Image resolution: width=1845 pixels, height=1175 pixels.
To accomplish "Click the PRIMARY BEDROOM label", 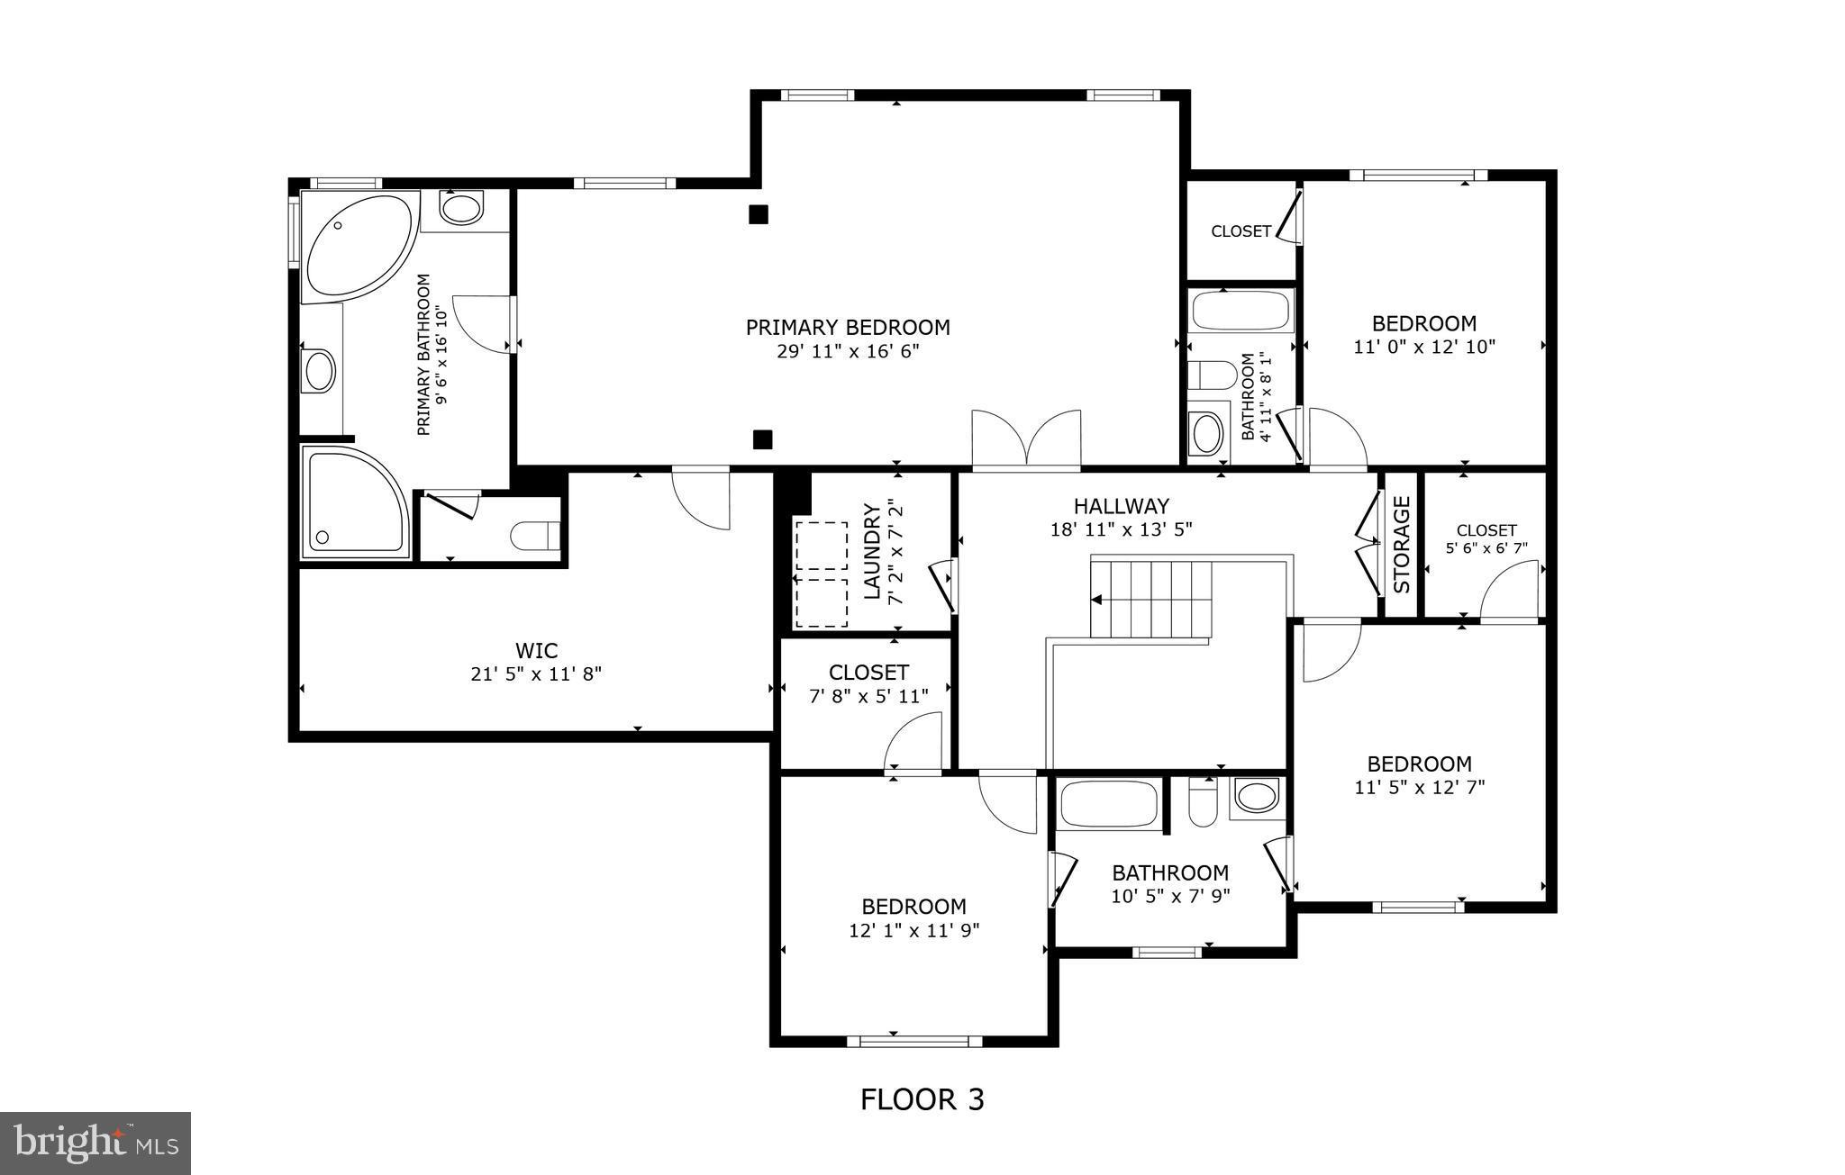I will pyautogui.click(x=847, y=328).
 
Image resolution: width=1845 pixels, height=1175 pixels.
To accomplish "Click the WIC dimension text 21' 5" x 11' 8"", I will pyautogui.click(x=536, y=673).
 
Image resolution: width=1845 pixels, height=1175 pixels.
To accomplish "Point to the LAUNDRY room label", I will pyautogui.click(x=872, y=551).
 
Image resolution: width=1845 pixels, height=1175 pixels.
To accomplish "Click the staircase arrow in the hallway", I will pyautogui.click(x=1096, y=599).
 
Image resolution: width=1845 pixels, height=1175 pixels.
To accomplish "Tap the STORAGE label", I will pyautogui.click(x=1402, y=545).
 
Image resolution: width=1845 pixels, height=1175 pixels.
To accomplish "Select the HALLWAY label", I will pyautogui.click(x=1121, y=506).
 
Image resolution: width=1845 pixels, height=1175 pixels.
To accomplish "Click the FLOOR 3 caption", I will pyautogui.click(x=922, y=1099).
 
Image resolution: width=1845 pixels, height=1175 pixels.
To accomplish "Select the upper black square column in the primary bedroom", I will pyautogui.click(x=759, y=214).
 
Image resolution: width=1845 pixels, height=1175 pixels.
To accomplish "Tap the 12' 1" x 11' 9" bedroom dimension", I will pyautogui.click(x=913, y=930).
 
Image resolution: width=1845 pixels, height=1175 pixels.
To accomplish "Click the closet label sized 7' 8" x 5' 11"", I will pyautogui.click(x=868, y=673).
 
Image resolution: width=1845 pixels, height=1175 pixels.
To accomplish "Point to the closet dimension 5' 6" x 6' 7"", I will pyautogui.click(x=1486, y=547).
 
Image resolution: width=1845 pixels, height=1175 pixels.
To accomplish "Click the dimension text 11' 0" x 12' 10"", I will pyautogui.click(x=1424, y=347).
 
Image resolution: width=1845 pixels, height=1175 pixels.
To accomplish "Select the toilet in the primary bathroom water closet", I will pyautogui.click(x=532, y=537).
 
